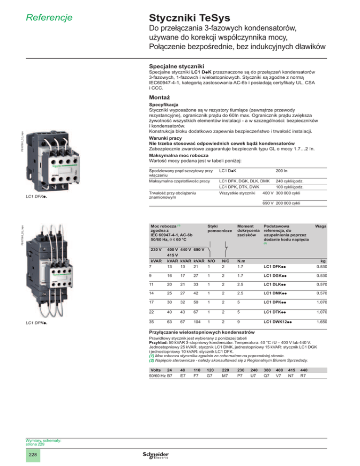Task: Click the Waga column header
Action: (x=321, y=212)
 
